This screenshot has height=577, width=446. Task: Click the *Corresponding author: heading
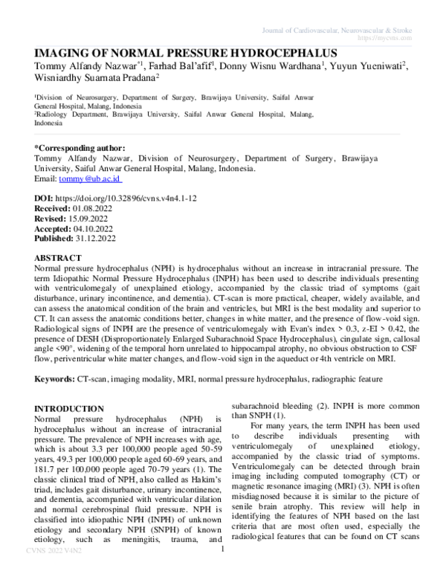[80, 148]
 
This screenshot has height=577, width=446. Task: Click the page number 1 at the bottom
[223, 570]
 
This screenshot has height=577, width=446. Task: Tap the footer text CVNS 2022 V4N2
[44, 571]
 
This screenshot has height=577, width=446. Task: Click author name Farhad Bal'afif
[175, 68]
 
